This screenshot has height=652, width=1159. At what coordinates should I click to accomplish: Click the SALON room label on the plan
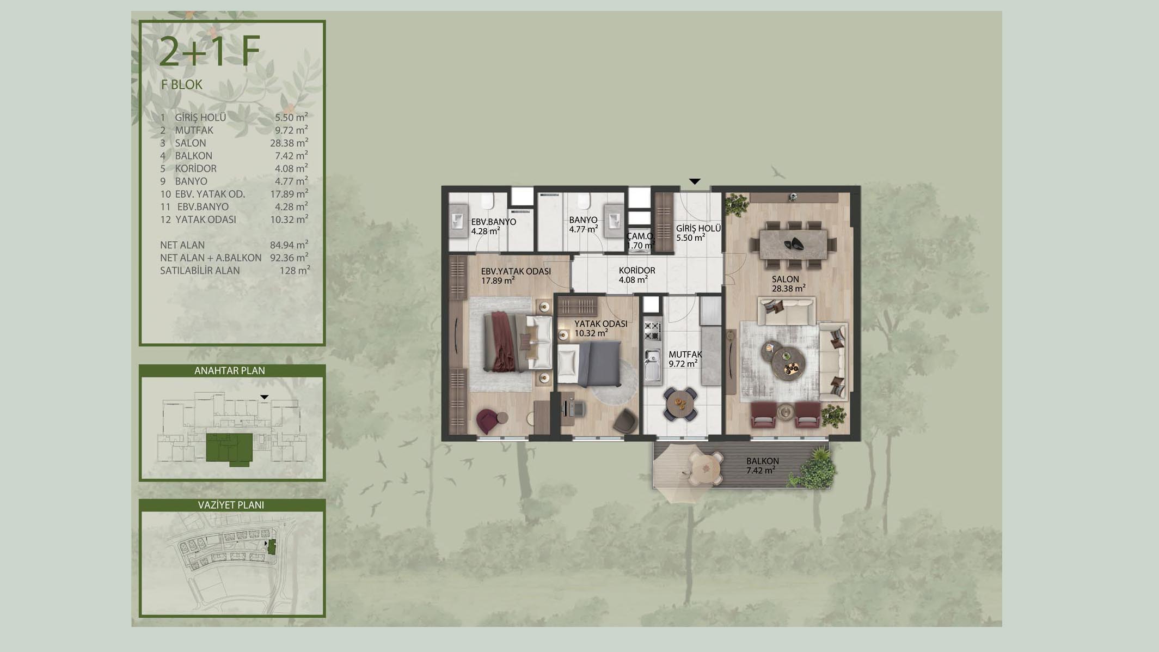[x=785, y=279]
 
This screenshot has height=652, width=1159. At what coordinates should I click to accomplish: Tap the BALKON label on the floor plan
[x=762, y=461]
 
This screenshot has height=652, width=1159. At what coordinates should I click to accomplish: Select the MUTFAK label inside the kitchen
[x=685, y=355]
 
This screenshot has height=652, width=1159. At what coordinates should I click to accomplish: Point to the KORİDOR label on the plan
[x=637, y=271]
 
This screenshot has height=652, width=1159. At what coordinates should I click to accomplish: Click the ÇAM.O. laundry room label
[x=640, y=236]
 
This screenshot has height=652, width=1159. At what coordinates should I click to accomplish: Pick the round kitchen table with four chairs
[x=680, y=404]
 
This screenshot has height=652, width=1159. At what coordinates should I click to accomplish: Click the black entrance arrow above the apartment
[x=695, y=181]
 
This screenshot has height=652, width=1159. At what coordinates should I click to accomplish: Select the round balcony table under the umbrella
[x=706, y=466]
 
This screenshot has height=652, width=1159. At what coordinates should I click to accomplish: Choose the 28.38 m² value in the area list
[x=289, y=143]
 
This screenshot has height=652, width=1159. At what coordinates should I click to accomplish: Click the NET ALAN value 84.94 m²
[x=289, y=245]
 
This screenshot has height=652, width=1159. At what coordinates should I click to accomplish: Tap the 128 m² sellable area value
[x=295, y=270]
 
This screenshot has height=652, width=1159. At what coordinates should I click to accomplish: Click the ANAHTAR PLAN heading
[x=230, y=370]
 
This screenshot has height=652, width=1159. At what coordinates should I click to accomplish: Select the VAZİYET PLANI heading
[x=231, y=505]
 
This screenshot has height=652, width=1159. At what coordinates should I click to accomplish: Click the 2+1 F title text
[x=210, y=52]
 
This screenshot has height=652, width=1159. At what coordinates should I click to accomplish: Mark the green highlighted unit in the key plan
[x=230, y=449]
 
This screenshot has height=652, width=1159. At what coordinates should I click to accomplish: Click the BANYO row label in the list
[x=191, y=181]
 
